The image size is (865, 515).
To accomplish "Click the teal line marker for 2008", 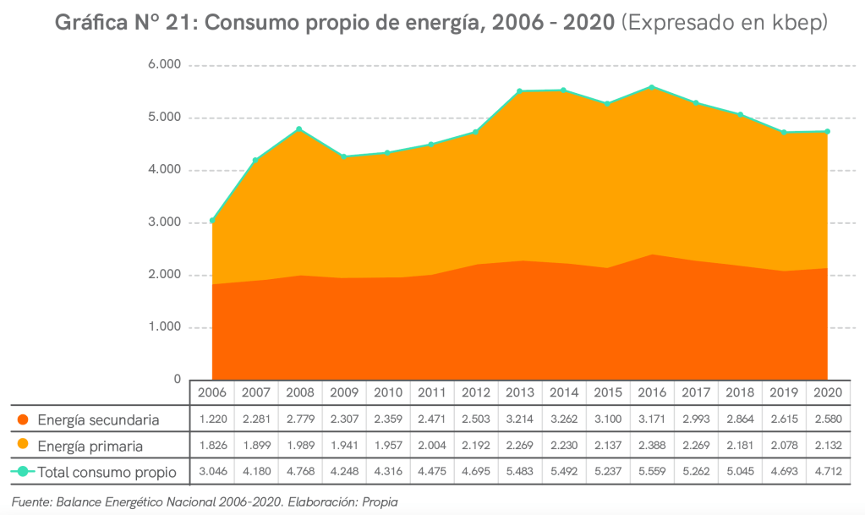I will point(299,129).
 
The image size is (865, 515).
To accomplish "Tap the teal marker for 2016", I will point(651,87).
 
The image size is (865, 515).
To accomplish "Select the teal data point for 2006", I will point(212,221).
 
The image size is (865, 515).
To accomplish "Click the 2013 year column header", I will point(519,393).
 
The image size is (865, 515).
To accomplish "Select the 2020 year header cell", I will point(826,393).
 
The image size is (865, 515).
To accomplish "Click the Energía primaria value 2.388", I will point(651,446).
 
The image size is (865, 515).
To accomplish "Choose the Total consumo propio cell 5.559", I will point(651,472).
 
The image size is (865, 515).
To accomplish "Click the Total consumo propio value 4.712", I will point(826,472).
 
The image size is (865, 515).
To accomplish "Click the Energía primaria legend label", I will point(90,446).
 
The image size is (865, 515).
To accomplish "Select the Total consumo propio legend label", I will point(107,472).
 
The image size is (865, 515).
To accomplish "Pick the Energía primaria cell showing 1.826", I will point(212,446).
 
